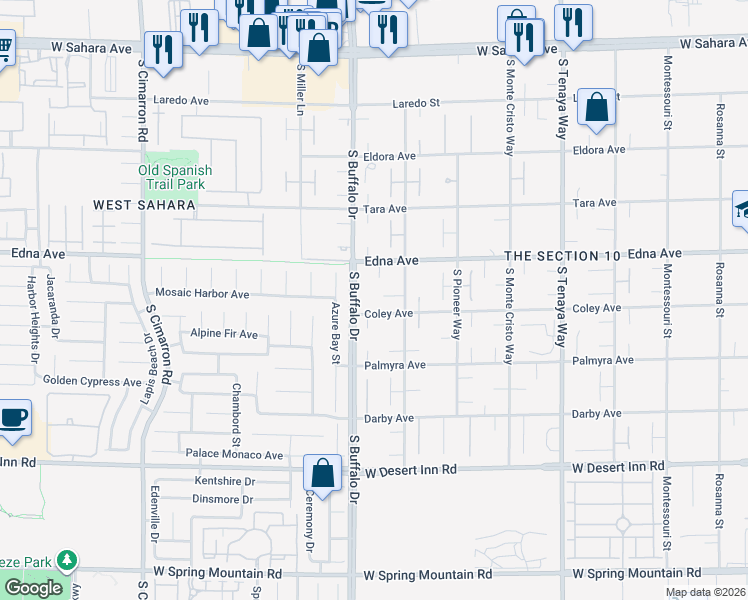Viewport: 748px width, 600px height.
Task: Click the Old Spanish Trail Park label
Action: [175, 177]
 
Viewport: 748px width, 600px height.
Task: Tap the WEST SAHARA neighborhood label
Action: [144, 205]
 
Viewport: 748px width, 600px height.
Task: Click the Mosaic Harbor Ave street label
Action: [202, 294]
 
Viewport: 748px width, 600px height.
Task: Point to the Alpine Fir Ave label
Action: [224, 333]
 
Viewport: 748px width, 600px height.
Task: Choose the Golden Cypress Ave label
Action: [92, 381]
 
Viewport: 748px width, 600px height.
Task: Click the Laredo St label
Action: [416, 103]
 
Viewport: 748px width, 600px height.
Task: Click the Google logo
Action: [33, 588]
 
